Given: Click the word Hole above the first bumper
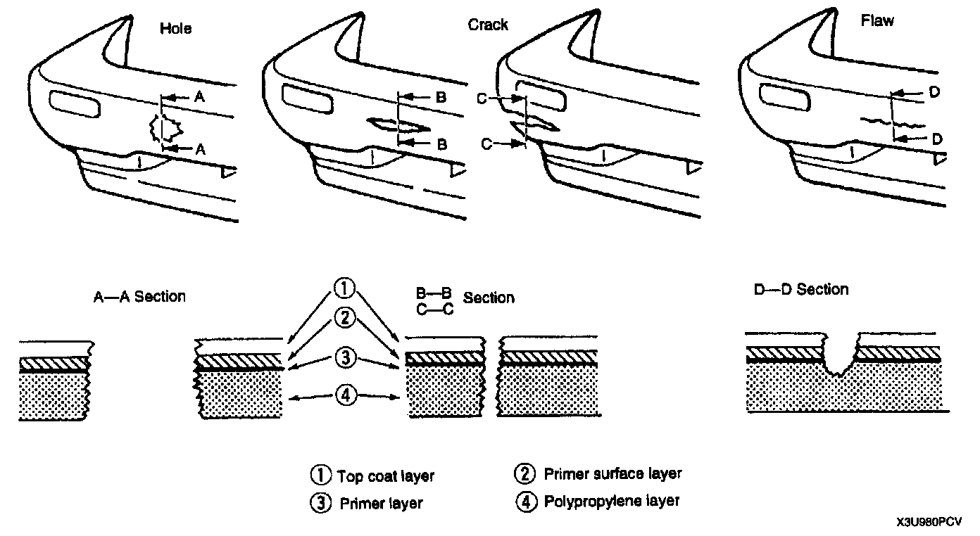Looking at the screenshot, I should pos(175,29).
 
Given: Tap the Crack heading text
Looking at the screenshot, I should pos(488,25).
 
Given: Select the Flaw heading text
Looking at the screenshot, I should pos(877,20).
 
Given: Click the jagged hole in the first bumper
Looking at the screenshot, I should pos(165,129).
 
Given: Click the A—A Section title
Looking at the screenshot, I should pos(139,296).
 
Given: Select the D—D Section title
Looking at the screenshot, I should pos(801,289).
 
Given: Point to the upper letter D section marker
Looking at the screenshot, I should pos(936,91).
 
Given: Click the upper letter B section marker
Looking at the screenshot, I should pos(441,98).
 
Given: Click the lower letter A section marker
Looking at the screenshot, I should pos(200,148).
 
